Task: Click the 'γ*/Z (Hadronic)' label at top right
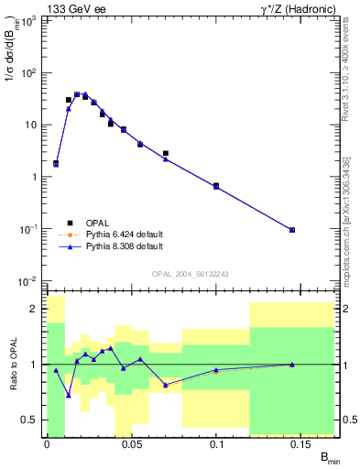[294, 8]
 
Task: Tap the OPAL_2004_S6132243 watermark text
[191, 273]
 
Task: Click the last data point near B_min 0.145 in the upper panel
[292, 230]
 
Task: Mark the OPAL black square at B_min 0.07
[165, 153]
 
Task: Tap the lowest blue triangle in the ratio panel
[69, 395]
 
